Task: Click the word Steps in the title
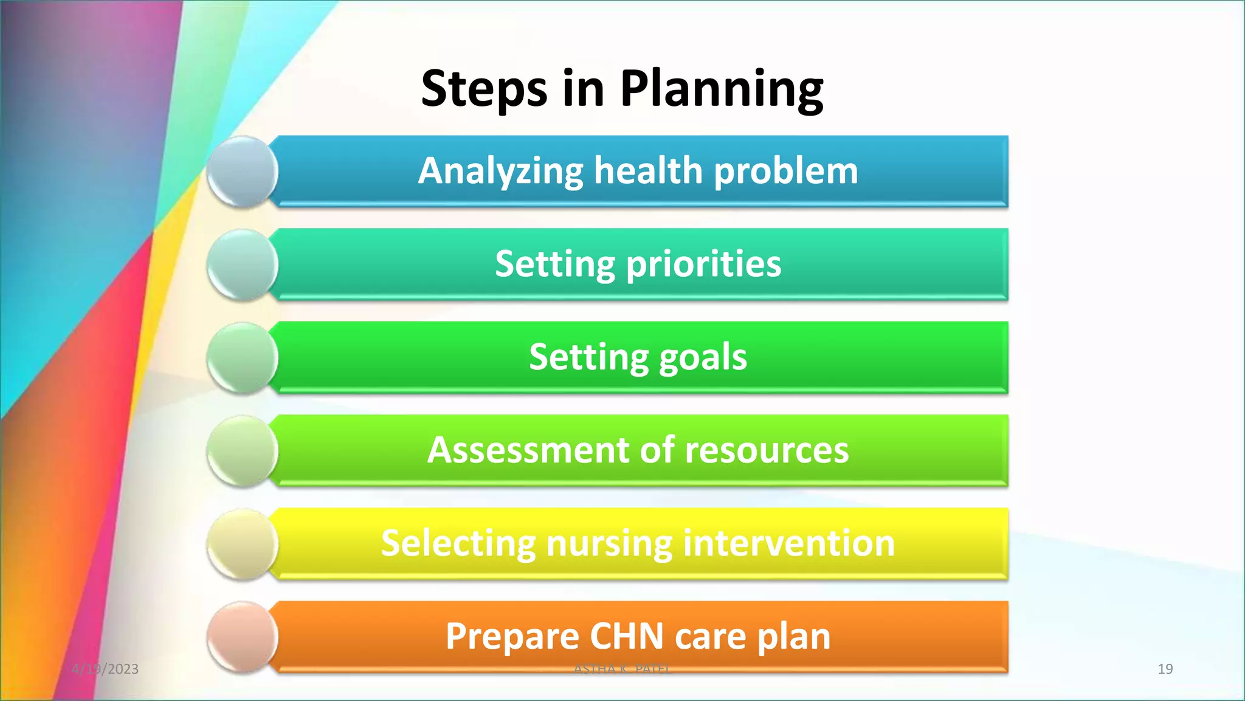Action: click(x=484, y=89)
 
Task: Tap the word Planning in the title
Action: click(x=721, y=89)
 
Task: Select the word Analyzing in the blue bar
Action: click(x=500, y=171)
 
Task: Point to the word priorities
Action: click(x=703, y=265)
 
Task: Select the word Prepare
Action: click(x=512, y=636)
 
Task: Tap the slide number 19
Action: click(x=1165, y=669)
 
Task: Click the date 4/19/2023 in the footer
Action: click(x=105, y=669)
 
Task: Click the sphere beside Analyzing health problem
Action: click(x=243, y=172)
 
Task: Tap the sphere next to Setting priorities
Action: click(x=243, y=265)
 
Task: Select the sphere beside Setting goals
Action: click(x=243, y=358)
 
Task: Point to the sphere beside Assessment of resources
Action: click(x=243, y=452)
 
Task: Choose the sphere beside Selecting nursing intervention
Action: click(x=243, y=545)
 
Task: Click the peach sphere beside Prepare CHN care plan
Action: click(x=243, y=637)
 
